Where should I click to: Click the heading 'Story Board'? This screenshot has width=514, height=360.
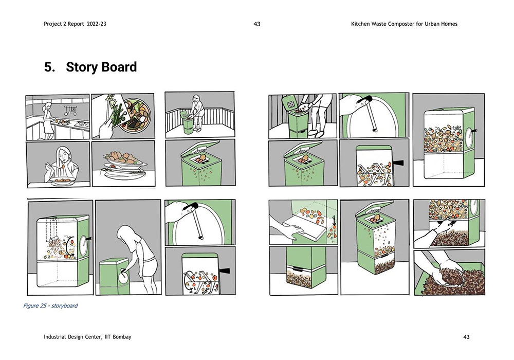(101, 67)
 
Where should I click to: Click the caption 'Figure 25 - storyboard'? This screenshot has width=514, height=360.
(50, 306)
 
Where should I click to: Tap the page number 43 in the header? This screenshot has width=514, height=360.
(257, 24)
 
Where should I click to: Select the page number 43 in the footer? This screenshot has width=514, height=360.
(466, 337)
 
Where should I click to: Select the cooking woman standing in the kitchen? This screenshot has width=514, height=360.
(48, 120)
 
